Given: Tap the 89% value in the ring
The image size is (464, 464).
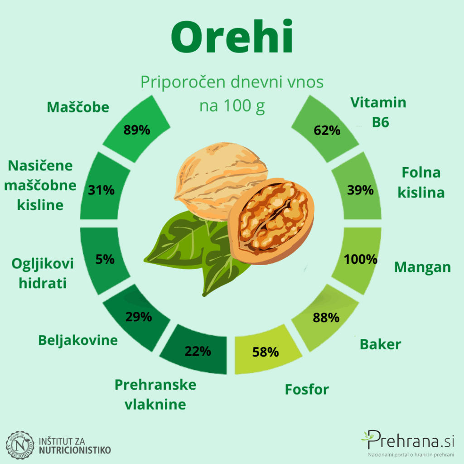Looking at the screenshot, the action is click(137, 130).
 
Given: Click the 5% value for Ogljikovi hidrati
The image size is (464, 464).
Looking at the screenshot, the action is click(105, 259).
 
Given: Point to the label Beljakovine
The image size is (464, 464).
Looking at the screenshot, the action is click(78, 340).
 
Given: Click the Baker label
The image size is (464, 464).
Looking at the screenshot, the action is click(380, 344).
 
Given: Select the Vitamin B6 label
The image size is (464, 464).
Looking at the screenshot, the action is click(378, 112).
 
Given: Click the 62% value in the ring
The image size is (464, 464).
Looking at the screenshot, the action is click(327, 130).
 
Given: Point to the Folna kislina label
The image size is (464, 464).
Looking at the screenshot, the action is click(421, 182).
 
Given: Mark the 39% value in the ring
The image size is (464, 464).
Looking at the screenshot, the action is click(360, 190).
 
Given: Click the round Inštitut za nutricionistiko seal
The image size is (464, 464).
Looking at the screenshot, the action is click(20, 445).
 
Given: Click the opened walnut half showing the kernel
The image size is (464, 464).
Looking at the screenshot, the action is click(271, 221).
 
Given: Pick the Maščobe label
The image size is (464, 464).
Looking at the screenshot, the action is click(78, 107).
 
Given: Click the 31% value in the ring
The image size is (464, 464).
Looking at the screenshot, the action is click(101, 190).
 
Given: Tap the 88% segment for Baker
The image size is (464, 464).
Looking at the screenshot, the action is click(325, 318).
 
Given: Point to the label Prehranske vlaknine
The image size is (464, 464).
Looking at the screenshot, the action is click(155, 395).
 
